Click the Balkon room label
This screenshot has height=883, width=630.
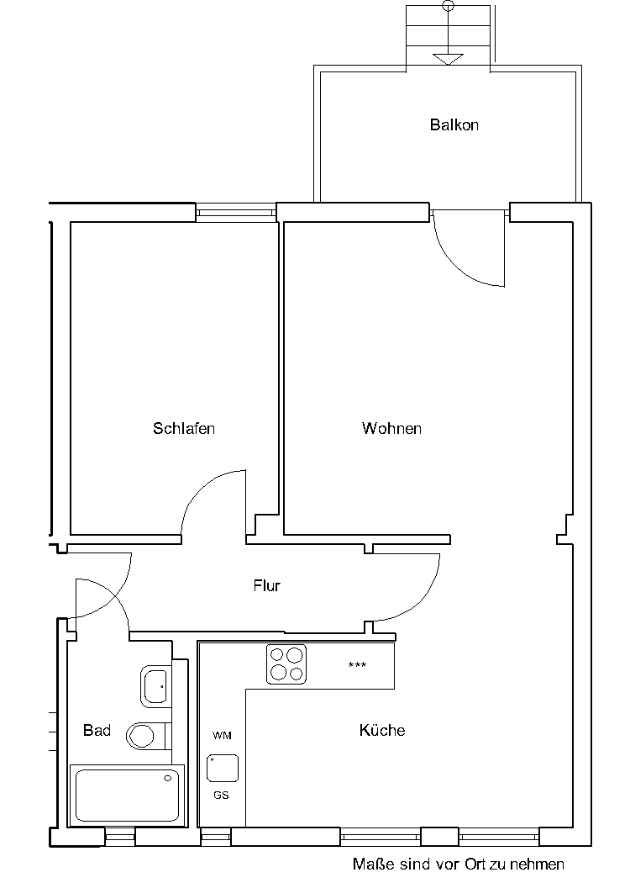coord(454,124)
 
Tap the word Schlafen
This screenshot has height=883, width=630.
coord(184,429)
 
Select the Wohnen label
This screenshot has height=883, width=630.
coord(391,429)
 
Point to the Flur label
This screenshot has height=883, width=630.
coord(266,585)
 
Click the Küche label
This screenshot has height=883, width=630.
coord(382,730)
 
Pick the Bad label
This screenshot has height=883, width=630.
coord(97,731)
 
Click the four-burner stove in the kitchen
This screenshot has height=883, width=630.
coord(286,664)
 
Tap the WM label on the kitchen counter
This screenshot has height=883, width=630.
coord(222,736)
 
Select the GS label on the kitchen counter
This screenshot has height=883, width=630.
coord(221,796)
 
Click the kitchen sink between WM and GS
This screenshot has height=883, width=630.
coord(223,768)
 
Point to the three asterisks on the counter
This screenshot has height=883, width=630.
coord(357,665)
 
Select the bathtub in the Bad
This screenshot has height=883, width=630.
coord(127,796)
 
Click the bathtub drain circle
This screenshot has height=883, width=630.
coord(168,779)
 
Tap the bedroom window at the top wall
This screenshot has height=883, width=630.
coord(236,212)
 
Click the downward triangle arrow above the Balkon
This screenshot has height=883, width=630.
coord(448,59)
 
